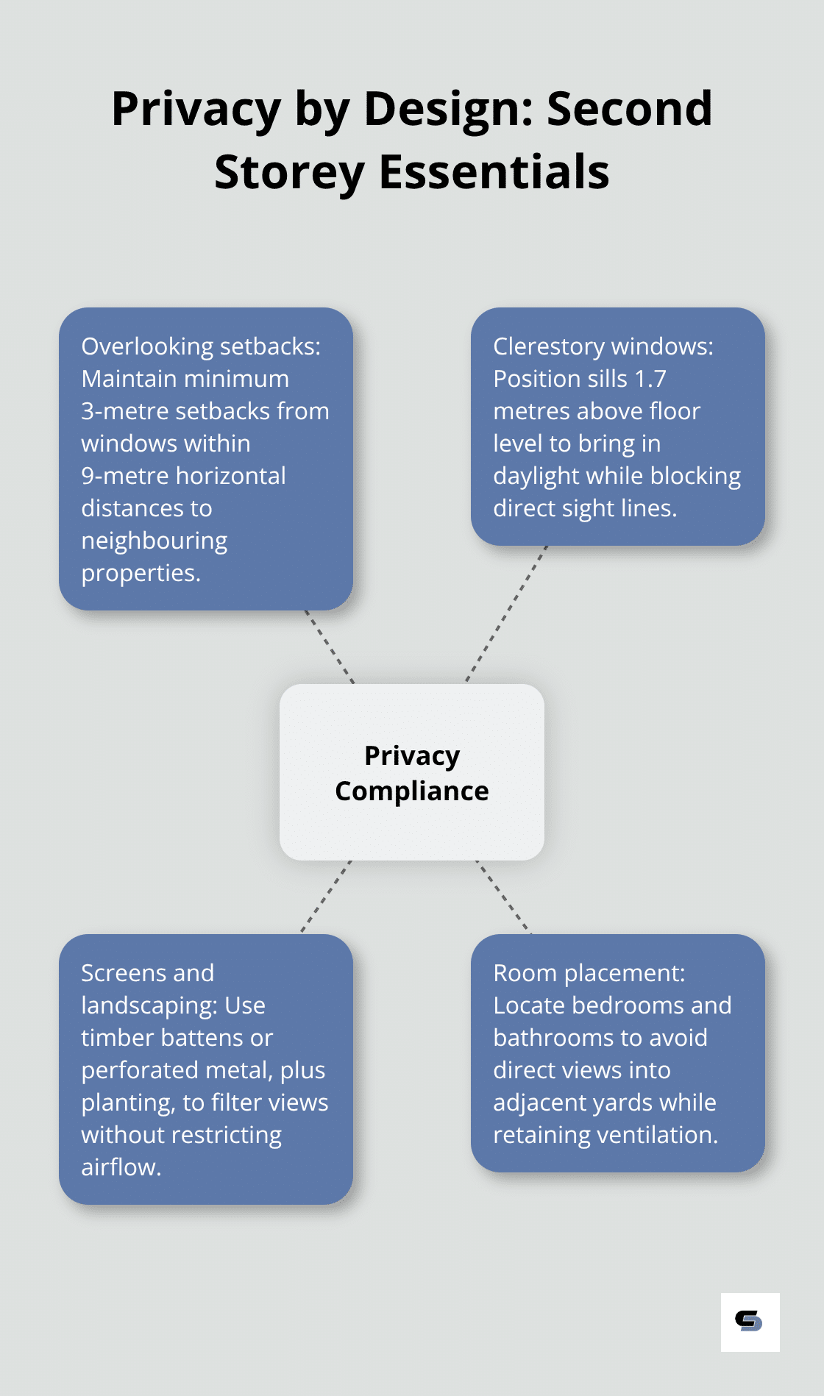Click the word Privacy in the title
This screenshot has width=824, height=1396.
[x=196, y=109]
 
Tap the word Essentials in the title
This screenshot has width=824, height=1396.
[x=494, y=172]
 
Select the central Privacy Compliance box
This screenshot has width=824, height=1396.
[x=412, y=772]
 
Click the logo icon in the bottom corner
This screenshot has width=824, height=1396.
[x=750, y=1322]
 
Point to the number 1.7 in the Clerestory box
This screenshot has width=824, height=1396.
[x=650, y=379]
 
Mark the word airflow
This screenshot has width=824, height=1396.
[x=121, y=1167]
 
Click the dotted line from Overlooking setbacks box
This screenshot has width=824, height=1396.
[x=330, y=647]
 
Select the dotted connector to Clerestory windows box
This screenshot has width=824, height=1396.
[x=507, y=613]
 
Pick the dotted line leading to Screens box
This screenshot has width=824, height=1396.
[x=326, y=897]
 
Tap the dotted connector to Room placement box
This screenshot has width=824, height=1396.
[x=503, y=897]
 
